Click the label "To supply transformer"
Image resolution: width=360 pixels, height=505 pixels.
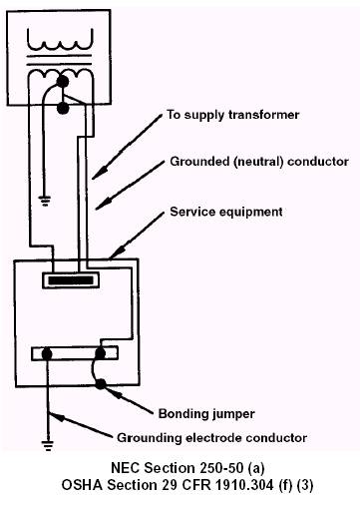click(232, 115)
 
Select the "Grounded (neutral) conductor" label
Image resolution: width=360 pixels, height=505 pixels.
click(259, 162)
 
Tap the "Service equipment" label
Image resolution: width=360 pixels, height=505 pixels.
click(226, 212)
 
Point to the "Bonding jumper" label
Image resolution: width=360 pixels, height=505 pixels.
click(206, 414)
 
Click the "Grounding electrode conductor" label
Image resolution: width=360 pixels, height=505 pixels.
click(211, 437)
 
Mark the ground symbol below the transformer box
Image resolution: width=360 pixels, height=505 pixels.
click(44, 201)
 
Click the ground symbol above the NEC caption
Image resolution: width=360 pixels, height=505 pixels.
click(48, 445)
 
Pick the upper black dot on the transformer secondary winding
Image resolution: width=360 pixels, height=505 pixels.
click(63, 81)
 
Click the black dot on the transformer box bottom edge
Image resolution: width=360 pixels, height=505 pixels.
click(63, 108)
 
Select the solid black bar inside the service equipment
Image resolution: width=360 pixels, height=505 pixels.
click(71, 280)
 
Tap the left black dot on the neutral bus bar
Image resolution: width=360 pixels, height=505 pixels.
click(47, 353)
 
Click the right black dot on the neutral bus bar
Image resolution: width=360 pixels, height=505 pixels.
click(100, 353)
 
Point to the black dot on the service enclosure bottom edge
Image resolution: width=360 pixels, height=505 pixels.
click(101, 384)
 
